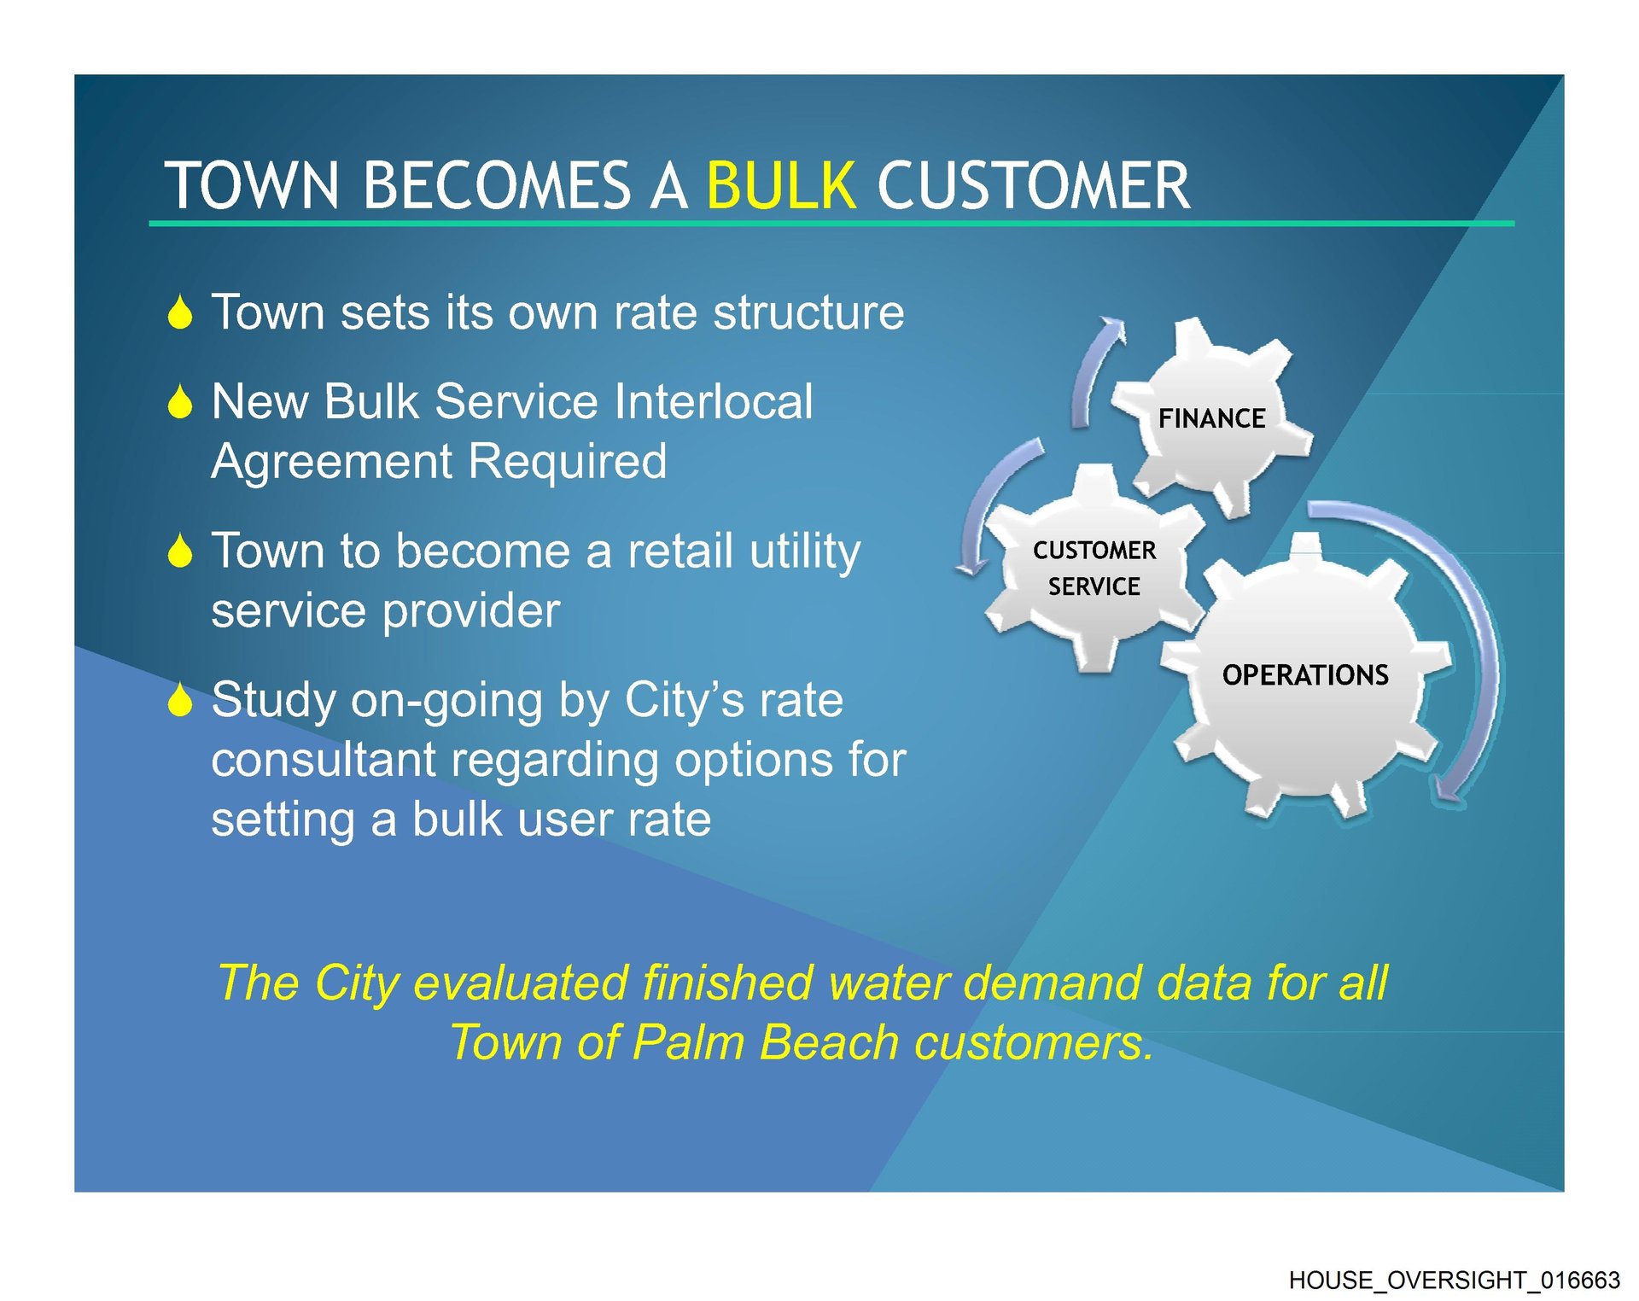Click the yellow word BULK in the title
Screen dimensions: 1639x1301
tap(781, 185)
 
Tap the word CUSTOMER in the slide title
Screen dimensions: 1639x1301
tap(1034, 185)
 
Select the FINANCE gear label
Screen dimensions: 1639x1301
tap(1211, 418)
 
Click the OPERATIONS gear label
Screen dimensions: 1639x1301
tap(1305, 675)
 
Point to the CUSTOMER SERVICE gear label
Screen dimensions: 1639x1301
tap(1094, 569)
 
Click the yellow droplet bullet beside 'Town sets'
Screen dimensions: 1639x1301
tap(180, 312)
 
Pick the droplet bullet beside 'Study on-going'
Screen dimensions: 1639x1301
tap(180, 699)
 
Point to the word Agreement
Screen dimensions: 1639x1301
tap(332, 464)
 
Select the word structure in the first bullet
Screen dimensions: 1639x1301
tap(808, 312)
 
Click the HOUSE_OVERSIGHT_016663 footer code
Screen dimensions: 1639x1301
tap(1454, 1281)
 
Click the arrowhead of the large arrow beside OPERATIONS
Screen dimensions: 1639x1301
tap(1449, 789)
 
